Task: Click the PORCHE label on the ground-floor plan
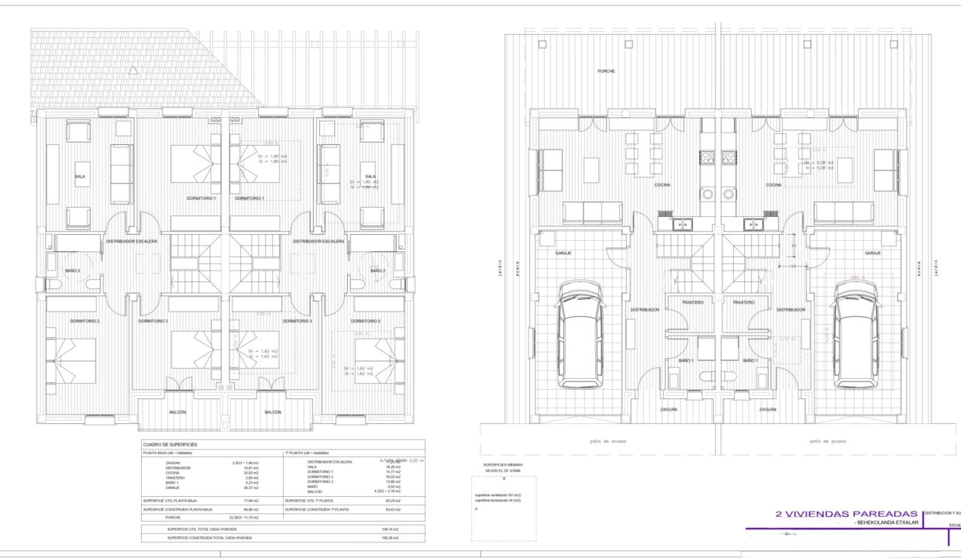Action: pos(606,71)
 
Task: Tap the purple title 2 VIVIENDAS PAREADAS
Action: pos(840,513)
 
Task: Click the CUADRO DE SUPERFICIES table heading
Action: pos(170,444)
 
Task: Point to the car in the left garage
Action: pos(580,334)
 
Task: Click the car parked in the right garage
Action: pos(856,334)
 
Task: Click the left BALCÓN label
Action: pos(177,412)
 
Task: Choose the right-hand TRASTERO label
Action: pos(743,302)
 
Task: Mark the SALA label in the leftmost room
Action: pos(80,177)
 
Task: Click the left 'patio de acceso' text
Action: pos(608,440)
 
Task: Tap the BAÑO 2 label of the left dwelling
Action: pos(73,270)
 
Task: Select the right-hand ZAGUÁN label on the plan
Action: pos(767,409)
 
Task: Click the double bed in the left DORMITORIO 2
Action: pos(72,362)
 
